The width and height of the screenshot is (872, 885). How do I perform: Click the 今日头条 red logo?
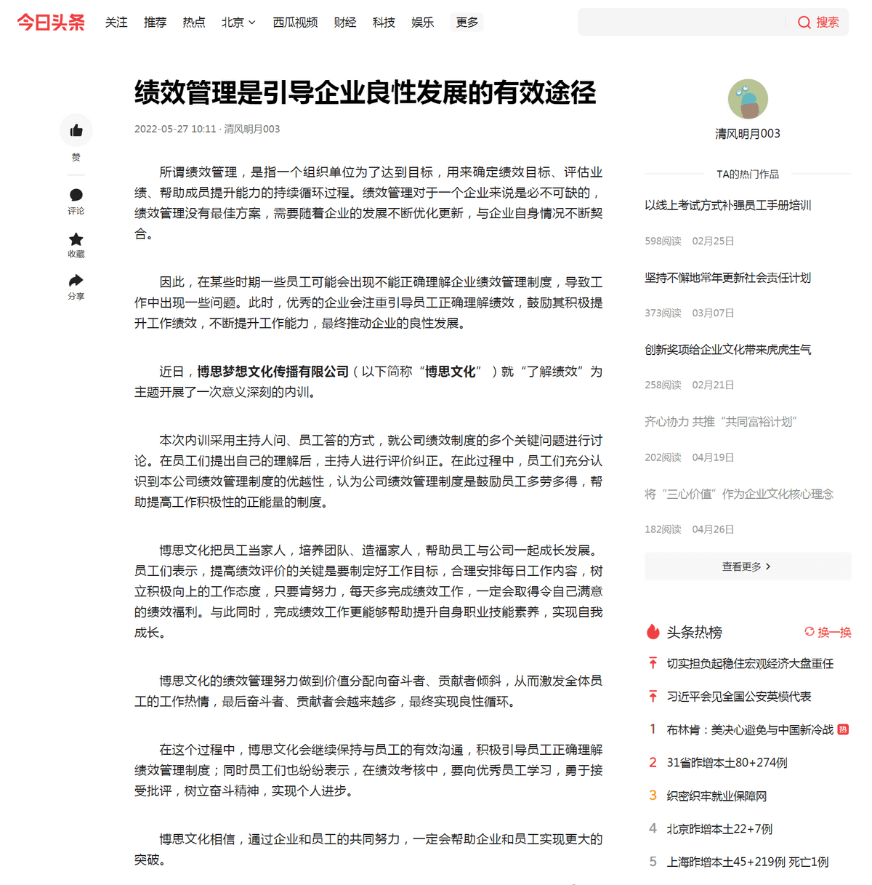(x=51, y=23)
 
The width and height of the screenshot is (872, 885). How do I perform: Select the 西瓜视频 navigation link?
(x=295, y=23)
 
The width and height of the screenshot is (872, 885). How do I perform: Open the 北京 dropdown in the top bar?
(x=238, y=23)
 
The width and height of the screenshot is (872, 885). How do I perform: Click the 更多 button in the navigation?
(x=467, y=23)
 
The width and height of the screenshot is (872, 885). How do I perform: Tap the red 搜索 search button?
(x=819, y=23)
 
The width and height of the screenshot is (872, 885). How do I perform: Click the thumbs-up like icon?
(x=76, y=131)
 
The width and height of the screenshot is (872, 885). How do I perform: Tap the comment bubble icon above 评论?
(x=76, y=195)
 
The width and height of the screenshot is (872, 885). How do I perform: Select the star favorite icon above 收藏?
(x=76, y=239)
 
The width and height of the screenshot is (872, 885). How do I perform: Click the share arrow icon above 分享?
(x=76, y=281)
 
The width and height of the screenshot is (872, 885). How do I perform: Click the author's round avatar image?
(x=748, y=99)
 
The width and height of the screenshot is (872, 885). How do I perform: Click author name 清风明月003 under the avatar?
(x=748, y=134)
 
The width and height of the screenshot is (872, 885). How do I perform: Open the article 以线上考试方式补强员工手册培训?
(x=727, y=206)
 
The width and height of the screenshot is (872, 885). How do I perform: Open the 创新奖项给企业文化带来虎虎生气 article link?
(x=727, y=350)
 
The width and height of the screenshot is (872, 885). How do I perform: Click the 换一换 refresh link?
(x=828, y=632)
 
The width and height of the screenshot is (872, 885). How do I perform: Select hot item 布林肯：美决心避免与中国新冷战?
(x=750, y=729)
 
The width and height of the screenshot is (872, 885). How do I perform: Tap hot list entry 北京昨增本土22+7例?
(x=719, y=829)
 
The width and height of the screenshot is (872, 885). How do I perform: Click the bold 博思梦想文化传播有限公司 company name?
(x=272, y=372)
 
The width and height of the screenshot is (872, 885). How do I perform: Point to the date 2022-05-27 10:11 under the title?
(x=175, y=129)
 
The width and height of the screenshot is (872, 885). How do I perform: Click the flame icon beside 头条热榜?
(x=653, y=632)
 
